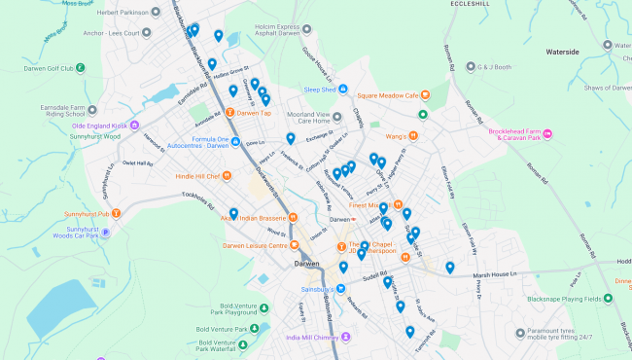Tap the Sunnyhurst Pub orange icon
pos(117,213)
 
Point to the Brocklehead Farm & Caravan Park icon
pos(547,133)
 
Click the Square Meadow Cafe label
pos(393,95)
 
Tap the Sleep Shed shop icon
pos(289,90)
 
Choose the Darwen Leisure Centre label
pos(255,245)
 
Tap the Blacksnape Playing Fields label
pos(572,299)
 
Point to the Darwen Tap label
pos(254,114)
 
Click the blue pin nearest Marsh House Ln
pos(449,267)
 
